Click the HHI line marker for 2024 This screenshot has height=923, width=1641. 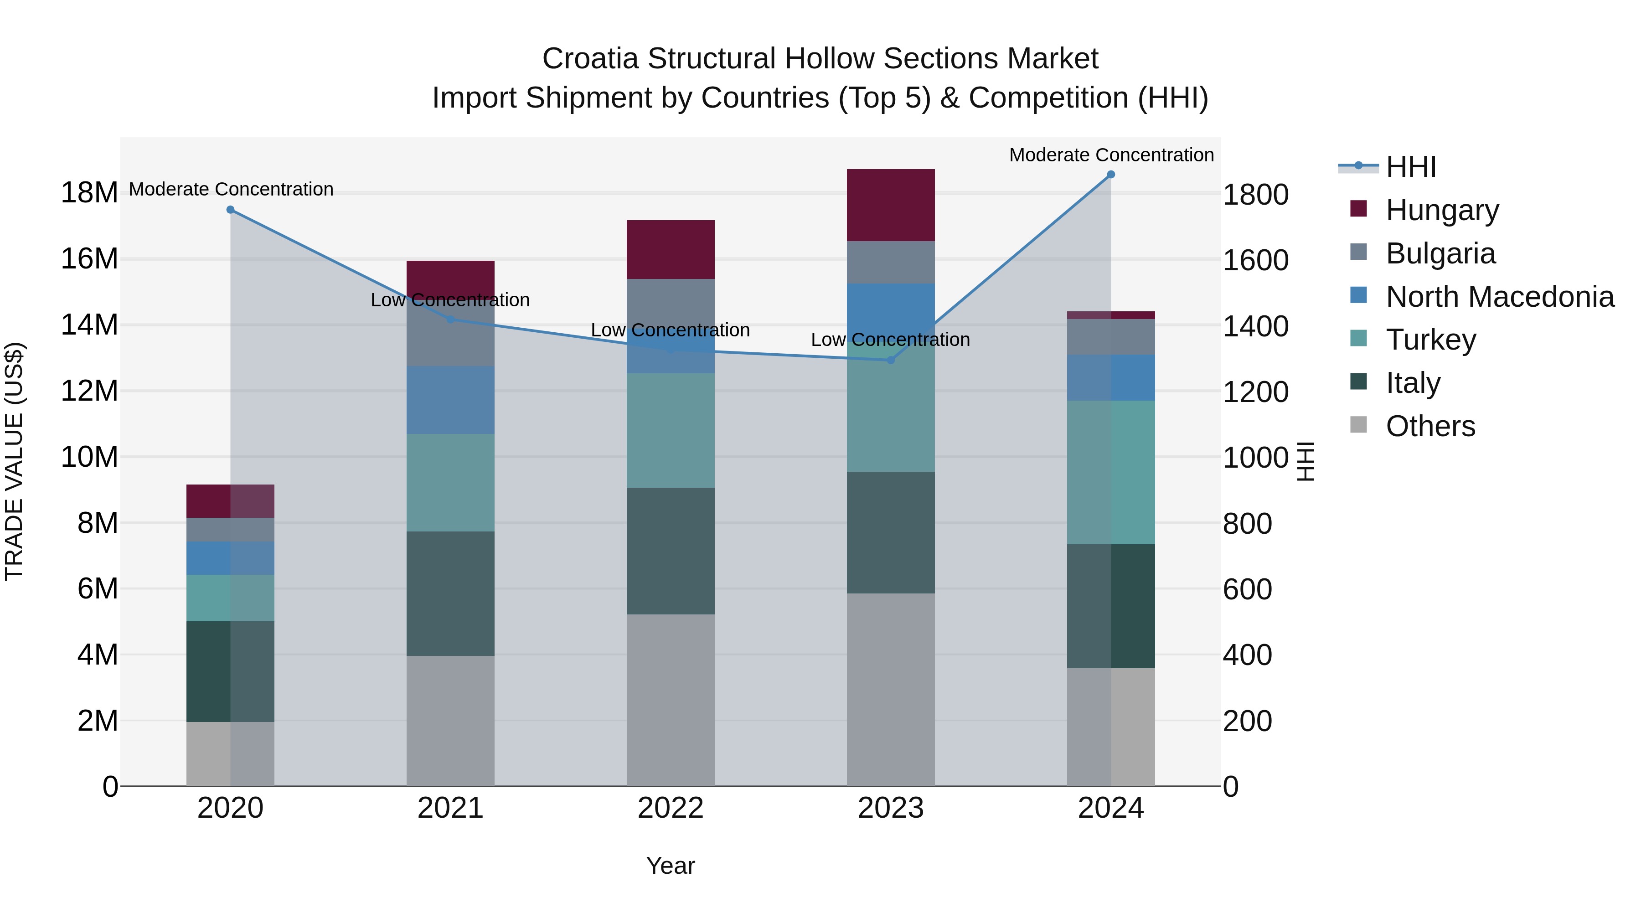[1110, 175]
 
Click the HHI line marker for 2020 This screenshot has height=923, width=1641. [231, 210]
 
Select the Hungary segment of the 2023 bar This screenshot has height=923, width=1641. [891, 205]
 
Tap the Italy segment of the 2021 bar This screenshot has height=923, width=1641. [450, 593]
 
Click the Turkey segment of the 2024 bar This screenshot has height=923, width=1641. [1110, 472]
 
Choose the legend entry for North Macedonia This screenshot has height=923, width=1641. [1500, 297]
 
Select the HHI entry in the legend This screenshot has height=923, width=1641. [1410, 167]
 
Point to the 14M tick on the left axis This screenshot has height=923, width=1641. [89, 325]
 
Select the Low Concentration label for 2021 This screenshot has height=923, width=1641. [450, 300]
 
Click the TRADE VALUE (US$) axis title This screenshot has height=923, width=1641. [14, 461]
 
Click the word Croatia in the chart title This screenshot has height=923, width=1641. [590, 59]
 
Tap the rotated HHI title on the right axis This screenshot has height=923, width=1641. [1306, 461]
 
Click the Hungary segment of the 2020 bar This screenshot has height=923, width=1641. [231, 501]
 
